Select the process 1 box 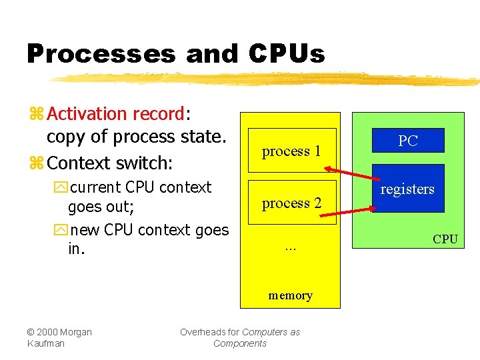click(291, 151)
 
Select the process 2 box click(291, 203)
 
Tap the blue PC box click(407, 141)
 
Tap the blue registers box click(407, 189)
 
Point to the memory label click(290, 295)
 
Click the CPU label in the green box click(445, 239)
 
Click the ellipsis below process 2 click(290, 247)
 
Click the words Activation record click(115, 114)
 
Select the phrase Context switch click(109, 163)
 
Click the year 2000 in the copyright click(49, 332)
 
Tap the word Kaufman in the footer click(45, 343)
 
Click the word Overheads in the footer click(201, 332)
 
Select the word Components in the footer click(240, 343)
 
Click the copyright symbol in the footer click(31, 332)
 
